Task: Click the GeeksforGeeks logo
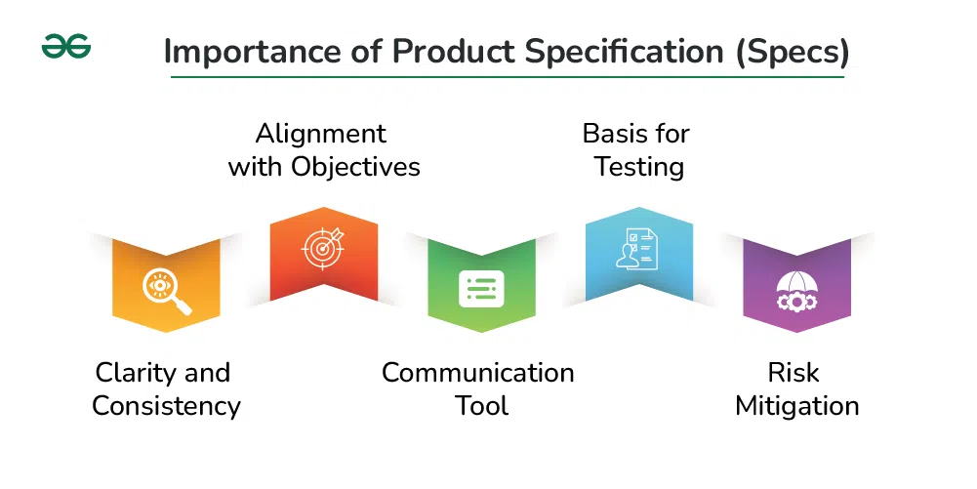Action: (x=66, y=46)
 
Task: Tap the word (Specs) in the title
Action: (x=791, y=52)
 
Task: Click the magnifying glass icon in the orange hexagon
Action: (x=166, y=291)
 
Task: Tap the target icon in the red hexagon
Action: (x=324, y=249)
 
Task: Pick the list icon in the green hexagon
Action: (x=481, y=289)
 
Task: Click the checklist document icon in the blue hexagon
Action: (x=639, y=248)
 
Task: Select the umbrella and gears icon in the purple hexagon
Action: (x=796, y=291)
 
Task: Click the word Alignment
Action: (x=321, y=134)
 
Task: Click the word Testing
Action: (x=639, y=167)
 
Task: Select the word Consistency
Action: (x=166, y=406)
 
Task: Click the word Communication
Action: (x=478, y=373)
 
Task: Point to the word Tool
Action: (x=481, y=406)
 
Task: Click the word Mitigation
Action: (x=797, y=406)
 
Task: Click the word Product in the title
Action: (x=433, y=52)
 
